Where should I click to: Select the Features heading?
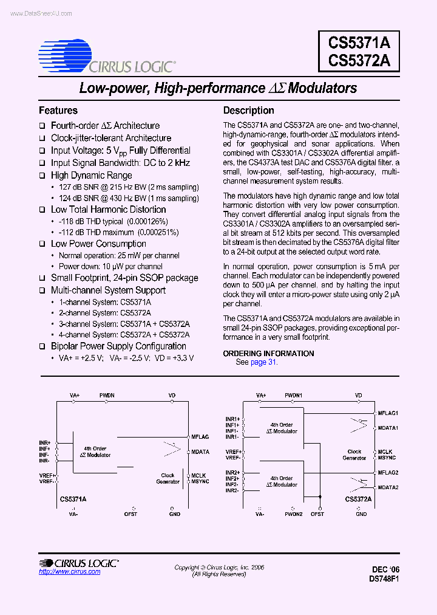point(58,111)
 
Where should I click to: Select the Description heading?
point(248,111)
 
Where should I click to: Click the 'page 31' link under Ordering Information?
point(263,362)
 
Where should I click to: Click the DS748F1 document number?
point(384,579)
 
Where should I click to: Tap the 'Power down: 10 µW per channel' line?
point(110,266)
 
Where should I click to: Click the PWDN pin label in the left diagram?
point(107,396)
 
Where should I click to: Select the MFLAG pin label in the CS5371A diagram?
point(200,436)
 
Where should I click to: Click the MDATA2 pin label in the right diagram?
point(388,487)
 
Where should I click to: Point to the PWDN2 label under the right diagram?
point(294,514)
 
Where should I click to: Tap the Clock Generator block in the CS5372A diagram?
point(354,455)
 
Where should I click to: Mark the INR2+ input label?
point(232,473)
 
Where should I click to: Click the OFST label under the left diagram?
point(130,514)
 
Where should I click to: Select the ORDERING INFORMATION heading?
point(268,353)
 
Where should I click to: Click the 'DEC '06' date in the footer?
point(386,569)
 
